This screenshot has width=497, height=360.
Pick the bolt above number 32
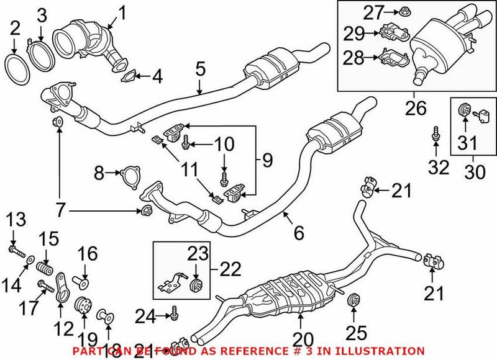tap(436, 132)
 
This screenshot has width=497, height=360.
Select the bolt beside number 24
tap(173, 316)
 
